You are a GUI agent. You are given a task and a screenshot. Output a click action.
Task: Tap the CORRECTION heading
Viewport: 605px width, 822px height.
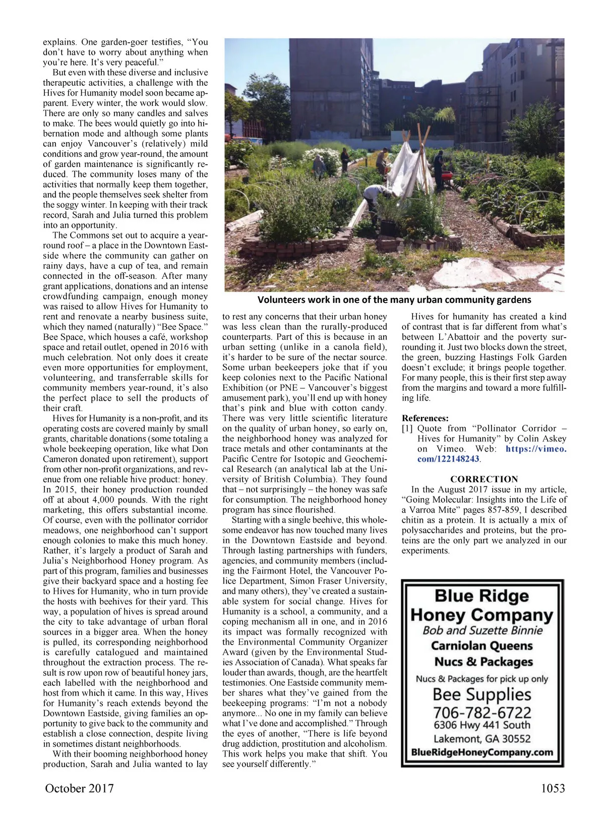484,479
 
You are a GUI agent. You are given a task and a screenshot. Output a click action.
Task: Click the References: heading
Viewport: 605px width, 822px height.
425,418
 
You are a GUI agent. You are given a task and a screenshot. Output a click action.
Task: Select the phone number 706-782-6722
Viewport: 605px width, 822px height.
482,713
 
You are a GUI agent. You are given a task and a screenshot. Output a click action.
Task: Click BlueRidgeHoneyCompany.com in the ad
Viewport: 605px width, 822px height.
482,752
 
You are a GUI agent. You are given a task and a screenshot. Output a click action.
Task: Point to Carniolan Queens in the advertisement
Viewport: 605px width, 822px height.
482,646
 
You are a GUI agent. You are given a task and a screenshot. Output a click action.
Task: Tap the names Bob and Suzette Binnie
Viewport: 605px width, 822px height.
482,630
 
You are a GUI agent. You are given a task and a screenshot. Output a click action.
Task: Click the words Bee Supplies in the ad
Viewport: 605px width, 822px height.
482,694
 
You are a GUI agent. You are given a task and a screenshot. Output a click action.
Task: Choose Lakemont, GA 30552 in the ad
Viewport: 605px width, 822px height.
482,739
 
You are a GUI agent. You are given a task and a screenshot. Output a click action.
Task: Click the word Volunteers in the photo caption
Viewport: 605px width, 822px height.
282,300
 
